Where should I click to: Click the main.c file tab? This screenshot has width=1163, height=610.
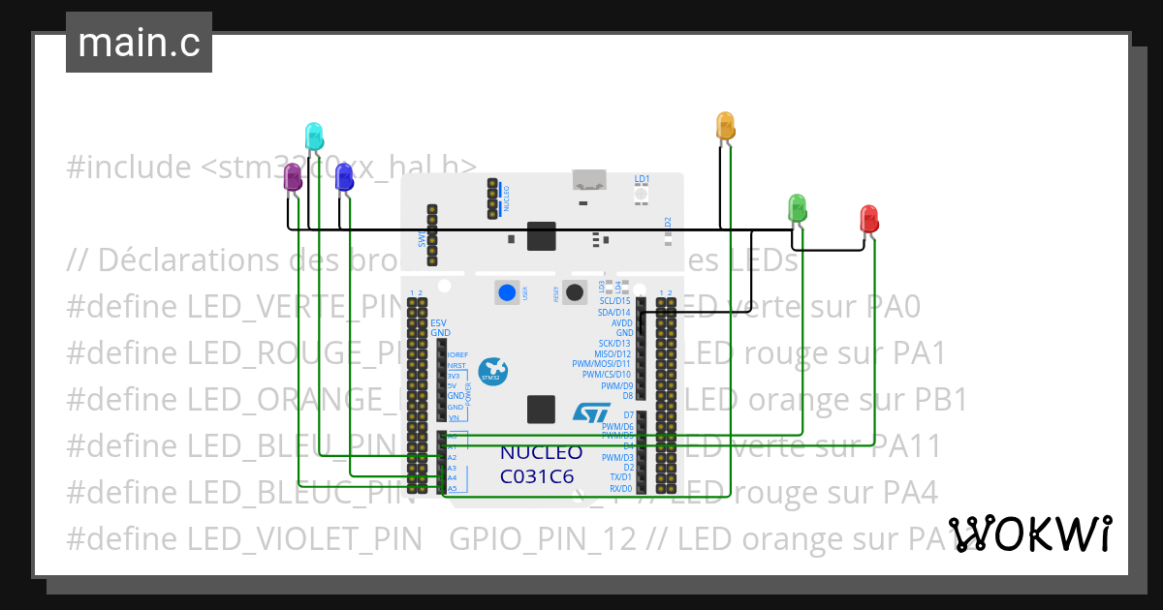tap(139, 44)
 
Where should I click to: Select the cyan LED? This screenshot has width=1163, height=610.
tap(313, 136)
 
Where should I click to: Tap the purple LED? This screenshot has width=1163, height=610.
tap(292, 177)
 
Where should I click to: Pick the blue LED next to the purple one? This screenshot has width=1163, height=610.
tap(343, 176)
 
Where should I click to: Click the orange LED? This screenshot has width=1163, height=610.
tap(724, 125)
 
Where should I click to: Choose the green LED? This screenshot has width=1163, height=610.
tap(798, 206)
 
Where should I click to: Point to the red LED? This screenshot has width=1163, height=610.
tap(869, 217)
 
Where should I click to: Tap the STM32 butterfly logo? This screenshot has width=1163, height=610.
tap(494, 370)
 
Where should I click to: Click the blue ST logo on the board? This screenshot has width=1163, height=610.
tap(589, 413)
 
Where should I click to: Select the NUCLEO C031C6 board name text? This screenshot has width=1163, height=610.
tap(541, 464)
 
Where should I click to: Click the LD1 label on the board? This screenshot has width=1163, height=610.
tap(642, 179)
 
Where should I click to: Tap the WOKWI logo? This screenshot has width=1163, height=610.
tap(1029, 533)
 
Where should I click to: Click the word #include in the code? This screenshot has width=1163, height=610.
tap(129, 167)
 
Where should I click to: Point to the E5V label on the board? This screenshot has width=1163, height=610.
tap(439, 322)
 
